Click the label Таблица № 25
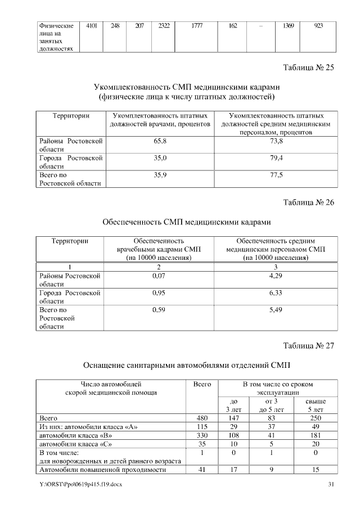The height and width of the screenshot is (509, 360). (308, 69)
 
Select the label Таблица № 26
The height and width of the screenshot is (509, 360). (308, 203)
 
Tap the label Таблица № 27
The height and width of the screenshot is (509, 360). (308, 345)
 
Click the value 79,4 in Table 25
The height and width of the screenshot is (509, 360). (276, 158)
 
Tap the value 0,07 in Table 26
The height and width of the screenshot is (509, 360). (159, 276)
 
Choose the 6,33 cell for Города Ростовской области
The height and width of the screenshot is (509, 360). (276, 293)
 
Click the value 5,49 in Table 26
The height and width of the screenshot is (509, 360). (276, 310)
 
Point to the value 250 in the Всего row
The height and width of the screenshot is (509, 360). (315, 418)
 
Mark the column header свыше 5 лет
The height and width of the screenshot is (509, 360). (315, 406)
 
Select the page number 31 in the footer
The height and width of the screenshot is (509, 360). (331, 484)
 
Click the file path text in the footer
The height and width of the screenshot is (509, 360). (79, 484)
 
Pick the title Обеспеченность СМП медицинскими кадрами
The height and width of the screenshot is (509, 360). (186, 222)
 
